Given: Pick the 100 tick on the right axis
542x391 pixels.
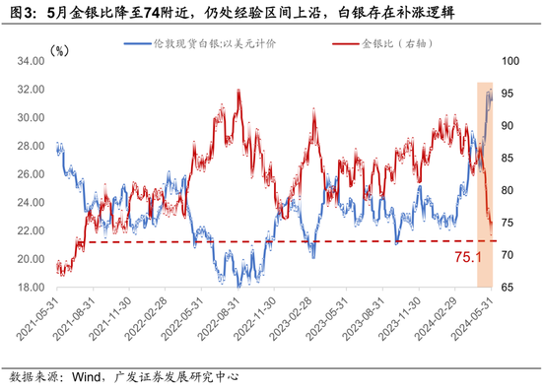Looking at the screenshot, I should pyautogui.click(x=511, y=60).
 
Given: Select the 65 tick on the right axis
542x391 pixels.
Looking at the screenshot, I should pyautogui.click(x=509, y=288).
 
